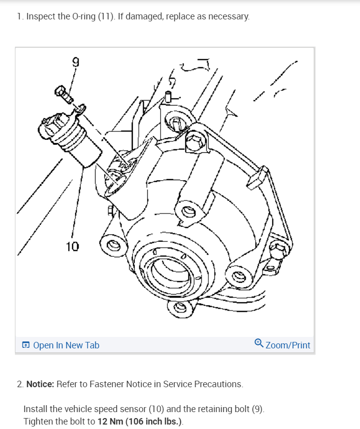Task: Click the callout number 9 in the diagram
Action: click(x=75, y=62)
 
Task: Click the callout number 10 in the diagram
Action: click(x=72, y=246)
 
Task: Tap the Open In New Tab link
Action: click(x=66, y=345)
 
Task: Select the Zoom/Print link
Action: click(x=287, y=345)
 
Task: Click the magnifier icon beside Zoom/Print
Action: click(x=259, y=344)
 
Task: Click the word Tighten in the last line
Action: click(x=37, y=422)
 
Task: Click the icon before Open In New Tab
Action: click(x=26, y=345)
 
